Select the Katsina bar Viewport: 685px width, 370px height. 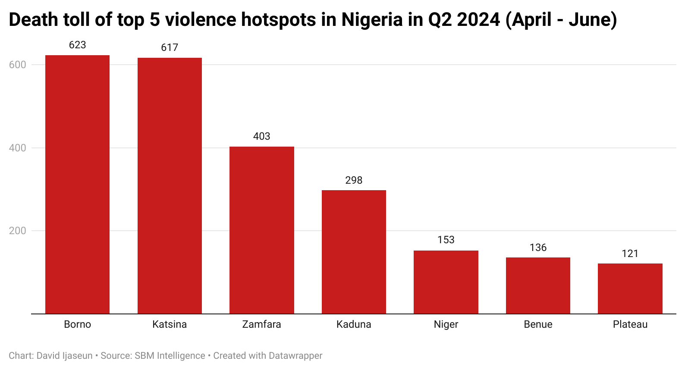pyautogui.click(x=170, y=186)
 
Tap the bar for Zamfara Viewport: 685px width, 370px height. pyautogui.click(x=261, y=230)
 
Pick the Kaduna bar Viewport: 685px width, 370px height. pyautogui.click(x=354, y=252)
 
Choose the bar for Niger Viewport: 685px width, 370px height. pyautogui.click(x=446, y=282)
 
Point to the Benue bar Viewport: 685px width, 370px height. pyautogui.click(x=538, y=285)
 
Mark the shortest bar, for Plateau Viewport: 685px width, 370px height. pyautogui.click(x=630, y=288)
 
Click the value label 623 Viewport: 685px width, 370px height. pyautogui.click(x=78, y=45)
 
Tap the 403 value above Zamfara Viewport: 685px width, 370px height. pyautogui.click(x=261, y=136)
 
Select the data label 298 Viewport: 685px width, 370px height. pyautogui.click(x=354, y=180)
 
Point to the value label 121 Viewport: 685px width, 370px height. pyautogui.click(x=630, y=254)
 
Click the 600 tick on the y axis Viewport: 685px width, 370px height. pyautogui.click(x=18, y=65)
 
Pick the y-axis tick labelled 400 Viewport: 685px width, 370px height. pyautogui.click(x=18, y=148)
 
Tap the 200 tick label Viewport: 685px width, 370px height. pyautogui.click(x=18, y=231)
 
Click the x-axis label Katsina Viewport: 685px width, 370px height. pyautogui.click(x=170, y=324)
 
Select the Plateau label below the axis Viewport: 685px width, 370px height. pyautogui.click(x=630, y=324)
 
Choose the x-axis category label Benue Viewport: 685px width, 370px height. pyautogui.click(x=538, y=324)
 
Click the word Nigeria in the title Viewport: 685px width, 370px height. pyautogui.click(x=372, y=20)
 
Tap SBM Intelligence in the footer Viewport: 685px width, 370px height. pyautogui.click(x=170, y=356)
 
